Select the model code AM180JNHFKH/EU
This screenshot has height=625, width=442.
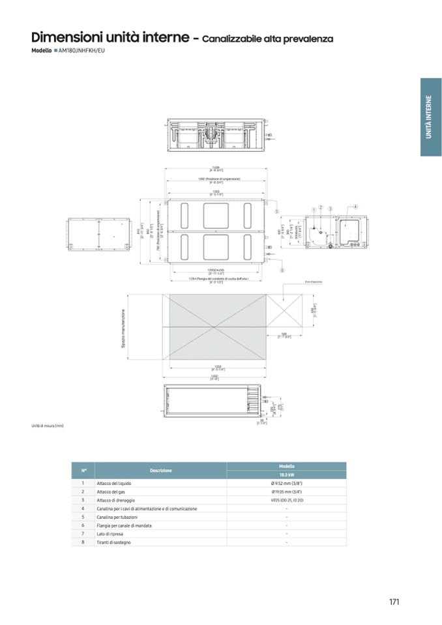point(81,50)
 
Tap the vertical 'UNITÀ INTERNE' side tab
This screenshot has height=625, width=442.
point(430,117)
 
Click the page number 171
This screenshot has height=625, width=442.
point(393,602)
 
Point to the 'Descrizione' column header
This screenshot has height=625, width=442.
point(160,471)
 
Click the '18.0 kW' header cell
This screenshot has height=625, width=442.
point(286,475)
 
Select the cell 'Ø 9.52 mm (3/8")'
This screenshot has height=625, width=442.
point(286,484)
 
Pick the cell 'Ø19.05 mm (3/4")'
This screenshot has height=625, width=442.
point(286,492)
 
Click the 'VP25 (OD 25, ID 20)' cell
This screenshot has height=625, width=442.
point(286,500)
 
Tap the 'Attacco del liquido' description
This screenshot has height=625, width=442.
point(113,484)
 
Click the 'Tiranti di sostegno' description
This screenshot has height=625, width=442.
point(114,542)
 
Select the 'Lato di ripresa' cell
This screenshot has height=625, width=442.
point(110,533)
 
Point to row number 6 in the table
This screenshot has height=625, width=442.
point(83,525)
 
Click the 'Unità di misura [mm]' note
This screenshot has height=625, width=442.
point(48,426)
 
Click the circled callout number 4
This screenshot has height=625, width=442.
point(356,207)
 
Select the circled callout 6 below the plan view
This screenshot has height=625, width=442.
point(282,269)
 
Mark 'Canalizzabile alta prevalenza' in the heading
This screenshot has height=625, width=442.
point(268,39)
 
